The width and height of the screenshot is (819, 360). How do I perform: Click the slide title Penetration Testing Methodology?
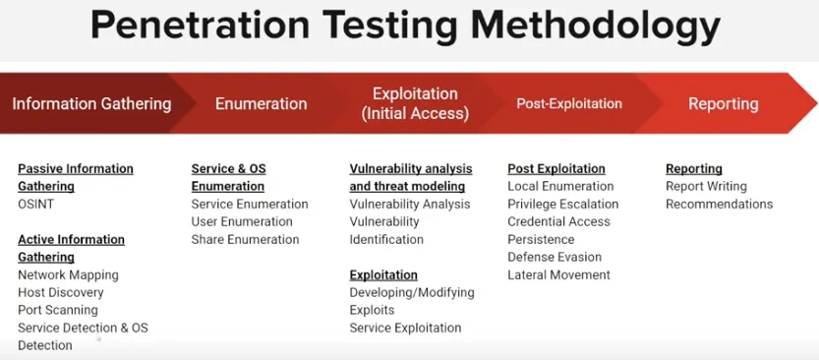[x=405, y=26]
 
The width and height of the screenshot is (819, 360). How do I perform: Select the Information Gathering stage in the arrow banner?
[x=91, y=103]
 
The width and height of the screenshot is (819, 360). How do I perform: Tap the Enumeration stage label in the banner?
[x=261, y=103]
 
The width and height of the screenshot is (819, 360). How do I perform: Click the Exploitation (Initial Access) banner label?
[x=415, y=103]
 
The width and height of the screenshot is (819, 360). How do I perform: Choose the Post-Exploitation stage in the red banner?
[x=569, y=103]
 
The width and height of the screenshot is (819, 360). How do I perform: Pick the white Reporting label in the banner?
[x=723, y=103]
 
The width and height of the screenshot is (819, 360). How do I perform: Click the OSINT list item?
[x=36, y=205]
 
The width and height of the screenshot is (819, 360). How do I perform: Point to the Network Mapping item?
[x=68, y=275]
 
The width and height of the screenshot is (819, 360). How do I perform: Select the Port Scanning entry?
[x=58, y=311]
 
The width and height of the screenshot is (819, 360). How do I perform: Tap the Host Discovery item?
[x=60, y=293]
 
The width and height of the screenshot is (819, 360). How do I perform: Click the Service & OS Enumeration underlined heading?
[x=228, y=177]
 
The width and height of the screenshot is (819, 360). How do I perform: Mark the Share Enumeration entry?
[x=245, y=240]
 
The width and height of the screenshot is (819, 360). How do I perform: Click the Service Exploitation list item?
[x=405, y=329]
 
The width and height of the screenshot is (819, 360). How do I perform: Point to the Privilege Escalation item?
[x=562, y=205]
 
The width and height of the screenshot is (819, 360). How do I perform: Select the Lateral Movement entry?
[x=558, y=275]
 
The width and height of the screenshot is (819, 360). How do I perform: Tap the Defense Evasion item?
[x=555, y=258]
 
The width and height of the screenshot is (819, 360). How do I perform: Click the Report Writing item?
[x=706, y=187]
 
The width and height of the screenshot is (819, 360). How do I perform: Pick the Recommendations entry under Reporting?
[x=719, y=205]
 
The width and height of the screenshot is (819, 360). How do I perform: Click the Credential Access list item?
[x=558, y=222]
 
